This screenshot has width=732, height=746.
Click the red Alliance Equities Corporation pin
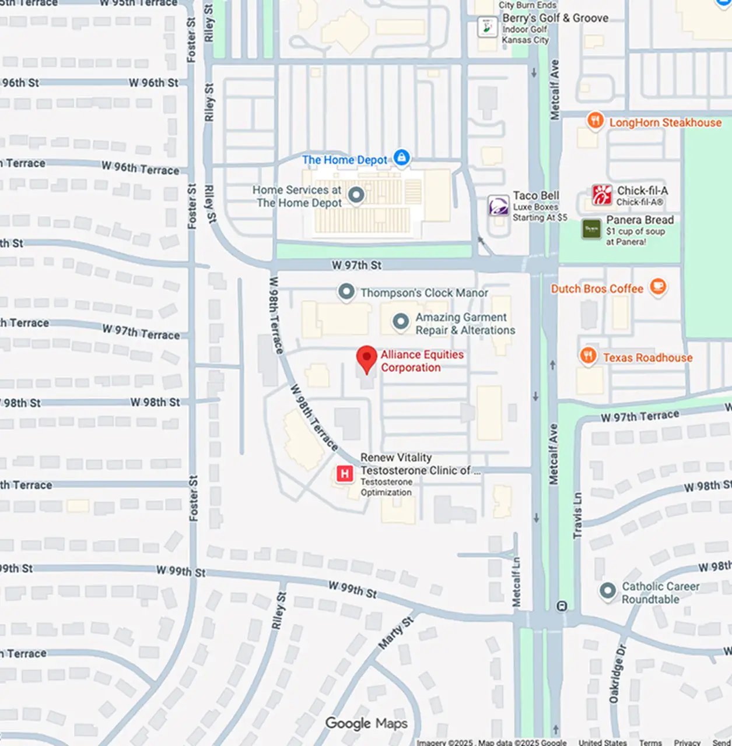366,358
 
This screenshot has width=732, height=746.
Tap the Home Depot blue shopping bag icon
401,157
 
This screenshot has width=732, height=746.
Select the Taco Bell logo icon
499,206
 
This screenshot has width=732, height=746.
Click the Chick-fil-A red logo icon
602,195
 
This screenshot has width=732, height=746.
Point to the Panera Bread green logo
591,229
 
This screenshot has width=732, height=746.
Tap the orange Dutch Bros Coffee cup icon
658,286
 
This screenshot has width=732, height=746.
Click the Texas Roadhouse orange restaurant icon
588,355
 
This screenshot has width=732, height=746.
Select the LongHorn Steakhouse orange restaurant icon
595,121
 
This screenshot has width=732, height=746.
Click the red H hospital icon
345,473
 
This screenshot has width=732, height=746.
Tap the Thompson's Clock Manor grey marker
346,291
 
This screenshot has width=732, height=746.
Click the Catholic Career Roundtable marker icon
608,591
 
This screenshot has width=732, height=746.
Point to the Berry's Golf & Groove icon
487,27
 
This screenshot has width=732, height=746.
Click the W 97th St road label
356,265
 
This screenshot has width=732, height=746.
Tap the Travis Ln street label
577,515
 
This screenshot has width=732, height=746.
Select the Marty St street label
396,633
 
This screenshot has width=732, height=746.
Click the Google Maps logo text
366,724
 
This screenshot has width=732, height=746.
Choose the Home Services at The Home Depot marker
356,195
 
